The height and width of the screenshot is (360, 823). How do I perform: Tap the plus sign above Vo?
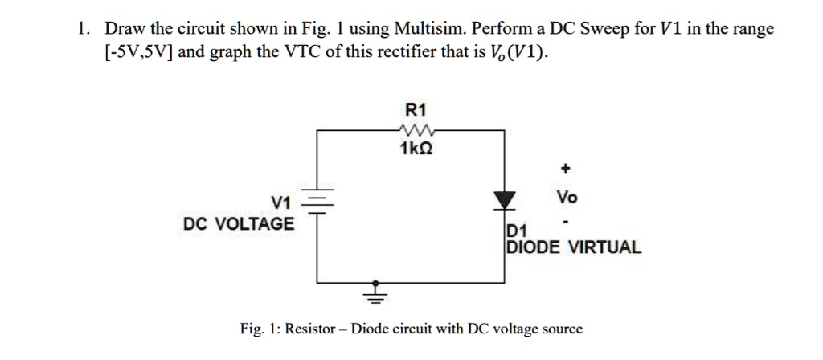click(x=566, y=169)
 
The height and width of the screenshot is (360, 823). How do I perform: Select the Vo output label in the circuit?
click(x=566, y=197)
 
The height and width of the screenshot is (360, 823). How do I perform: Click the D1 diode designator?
click(x=515, y=232)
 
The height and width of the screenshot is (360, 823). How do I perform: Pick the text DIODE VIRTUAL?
click(x=573, y=247)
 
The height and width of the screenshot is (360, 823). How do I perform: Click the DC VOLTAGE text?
click(x=239, y=223)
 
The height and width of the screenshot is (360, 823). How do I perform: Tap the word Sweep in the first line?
click(x=606, y=30)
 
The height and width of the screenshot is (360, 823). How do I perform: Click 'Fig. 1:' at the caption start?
click(x=260, y=329)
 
